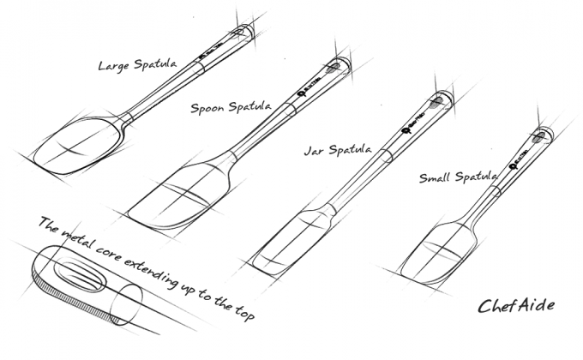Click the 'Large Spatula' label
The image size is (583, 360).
pyautogui.click(x=136, y=66)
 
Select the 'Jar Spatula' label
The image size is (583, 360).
pyautogui.click(x=337, y=151)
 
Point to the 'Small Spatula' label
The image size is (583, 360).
pyautogui.click(x=458, y=177)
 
